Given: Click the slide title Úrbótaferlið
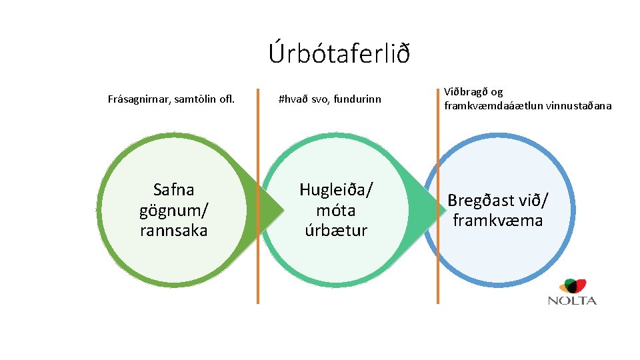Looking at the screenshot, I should pyautogui.click(x=339, y=53).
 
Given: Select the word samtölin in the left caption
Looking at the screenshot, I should pyautogui.click(x=193, y=100).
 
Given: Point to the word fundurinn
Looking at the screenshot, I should pyautogui.click(x=357, y=100).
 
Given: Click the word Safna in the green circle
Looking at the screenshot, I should pyautogui.click(x=173, y=190).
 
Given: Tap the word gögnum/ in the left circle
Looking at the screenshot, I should pyautogui.click(x=173, y=211).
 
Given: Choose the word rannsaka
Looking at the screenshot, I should pyautogui.click(x=173, y=231).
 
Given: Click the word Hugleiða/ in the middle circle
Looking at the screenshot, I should pyautogui.click(x=336, y=190).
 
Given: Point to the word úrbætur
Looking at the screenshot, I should pyautogui.click(x=336, y=231).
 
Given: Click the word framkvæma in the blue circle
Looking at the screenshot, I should pyautogui.click(x=497, y=221).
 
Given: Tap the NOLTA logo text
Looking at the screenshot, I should pyautogui.click(x=571, y=301).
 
